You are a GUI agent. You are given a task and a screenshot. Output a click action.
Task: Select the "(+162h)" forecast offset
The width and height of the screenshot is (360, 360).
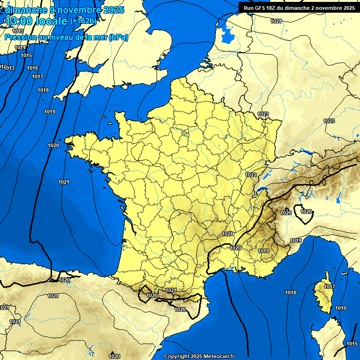pyautogui.click(x=82, y=21)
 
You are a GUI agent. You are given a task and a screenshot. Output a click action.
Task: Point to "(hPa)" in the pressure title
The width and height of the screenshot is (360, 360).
pyautogui.click(x=118, y=37)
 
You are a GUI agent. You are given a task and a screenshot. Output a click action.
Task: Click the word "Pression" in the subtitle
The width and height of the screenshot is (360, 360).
pyautogui.click(x=20, y=37)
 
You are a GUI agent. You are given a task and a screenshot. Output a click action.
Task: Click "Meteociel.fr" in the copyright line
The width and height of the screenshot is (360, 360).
pyautogui.click(x=217, y=356)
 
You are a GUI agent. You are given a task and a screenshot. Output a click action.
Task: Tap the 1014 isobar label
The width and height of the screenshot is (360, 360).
pyautogui.click(x=20, y=48)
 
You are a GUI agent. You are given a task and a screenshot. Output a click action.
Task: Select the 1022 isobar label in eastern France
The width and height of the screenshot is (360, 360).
pyautogui.click(x=251, y=175)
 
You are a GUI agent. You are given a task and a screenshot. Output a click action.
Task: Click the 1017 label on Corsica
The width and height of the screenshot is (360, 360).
pyautogui.click(x=330, y=286)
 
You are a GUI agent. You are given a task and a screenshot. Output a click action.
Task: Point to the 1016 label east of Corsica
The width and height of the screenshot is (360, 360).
pyautogui.click(x=341, y=308)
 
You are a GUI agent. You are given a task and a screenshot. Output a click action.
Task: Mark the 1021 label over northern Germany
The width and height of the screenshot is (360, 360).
pyautogui.click(x=276, y=21)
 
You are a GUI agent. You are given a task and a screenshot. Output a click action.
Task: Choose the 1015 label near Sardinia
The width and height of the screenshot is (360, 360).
pyautogui.click(x=352, y=344)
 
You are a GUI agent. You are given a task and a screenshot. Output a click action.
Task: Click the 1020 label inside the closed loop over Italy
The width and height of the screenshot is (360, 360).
pyautogui.click(x=306, y=211)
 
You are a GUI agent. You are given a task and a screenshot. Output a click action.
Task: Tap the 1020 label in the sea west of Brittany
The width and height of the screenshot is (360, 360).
pyautogui.click(x=53, y=145)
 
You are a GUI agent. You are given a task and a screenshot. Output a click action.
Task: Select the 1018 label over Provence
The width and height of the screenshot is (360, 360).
pyautogui.click(x=263, y=251)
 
